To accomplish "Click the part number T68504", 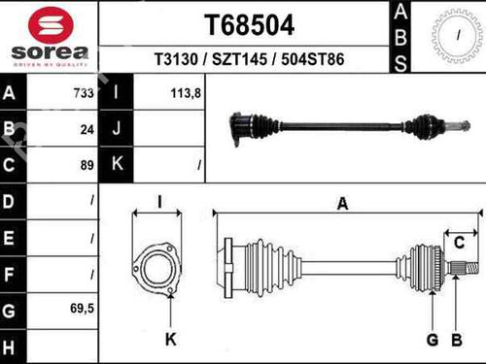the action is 249,25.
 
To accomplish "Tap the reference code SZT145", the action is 239,59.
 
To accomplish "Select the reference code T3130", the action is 176,59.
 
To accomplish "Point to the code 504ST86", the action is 313,59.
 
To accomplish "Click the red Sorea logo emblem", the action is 51,26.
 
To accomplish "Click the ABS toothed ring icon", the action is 457,36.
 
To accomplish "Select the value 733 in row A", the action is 84,93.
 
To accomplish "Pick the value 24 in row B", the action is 87,130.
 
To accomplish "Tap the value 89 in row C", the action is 87,165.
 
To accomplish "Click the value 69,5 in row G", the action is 82,309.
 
